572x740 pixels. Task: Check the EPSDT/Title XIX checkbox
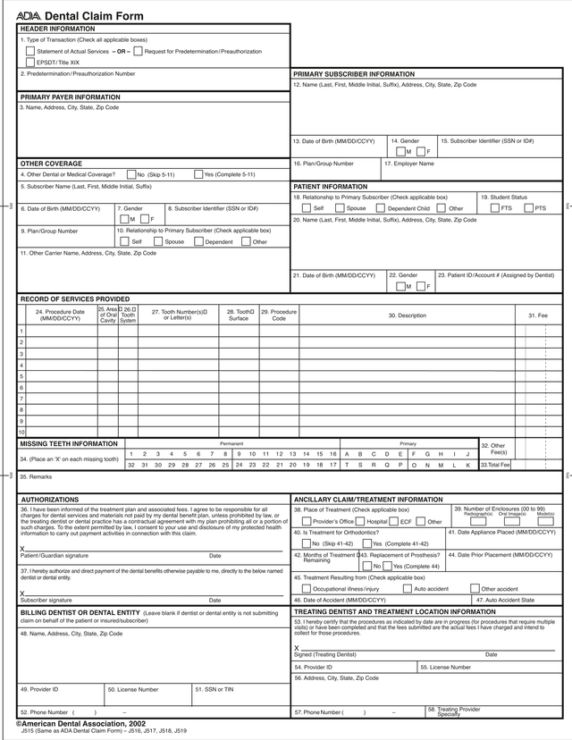click(x=30, y=63)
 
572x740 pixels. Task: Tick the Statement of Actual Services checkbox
click(x=30, y=51)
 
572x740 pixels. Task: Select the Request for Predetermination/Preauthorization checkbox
click(x=138, y=51)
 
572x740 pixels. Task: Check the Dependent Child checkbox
click(x=380, y=208)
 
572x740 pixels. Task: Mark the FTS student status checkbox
click(x=495, y=208)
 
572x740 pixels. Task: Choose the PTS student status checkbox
click(x=528, y=208)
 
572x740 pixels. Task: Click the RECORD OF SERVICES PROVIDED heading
click(x=74, y=299)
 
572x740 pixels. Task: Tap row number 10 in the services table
click(x=21, y=433)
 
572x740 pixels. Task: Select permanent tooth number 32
click(x=131, y=465)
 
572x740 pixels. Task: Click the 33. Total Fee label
click(x=494, y=465)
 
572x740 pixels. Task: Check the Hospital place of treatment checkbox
click(x=361, y=521)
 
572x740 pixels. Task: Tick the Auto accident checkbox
click(x=408, y=589)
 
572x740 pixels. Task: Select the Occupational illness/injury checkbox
click(x=306, y=589)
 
